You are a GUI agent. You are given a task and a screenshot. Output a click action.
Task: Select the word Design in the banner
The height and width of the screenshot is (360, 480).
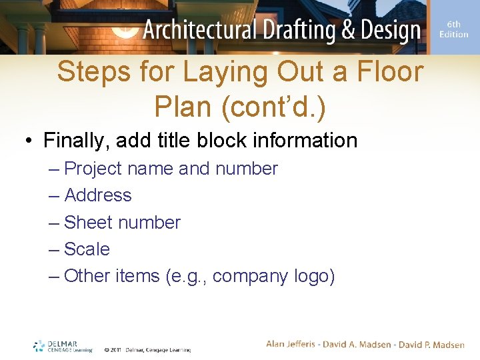pos(386,30)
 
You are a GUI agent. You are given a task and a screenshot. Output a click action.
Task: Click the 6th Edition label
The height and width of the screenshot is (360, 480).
pos(453,29)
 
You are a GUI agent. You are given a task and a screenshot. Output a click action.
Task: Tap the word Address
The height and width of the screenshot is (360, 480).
pos(98,195)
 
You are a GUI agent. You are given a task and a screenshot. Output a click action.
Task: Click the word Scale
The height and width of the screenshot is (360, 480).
pos(87,249)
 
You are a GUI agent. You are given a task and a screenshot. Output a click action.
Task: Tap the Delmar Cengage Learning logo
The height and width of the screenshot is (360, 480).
pos(63,346)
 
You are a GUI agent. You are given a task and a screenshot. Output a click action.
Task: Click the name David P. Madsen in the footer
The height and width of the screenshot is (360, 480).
pos(433,344)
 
